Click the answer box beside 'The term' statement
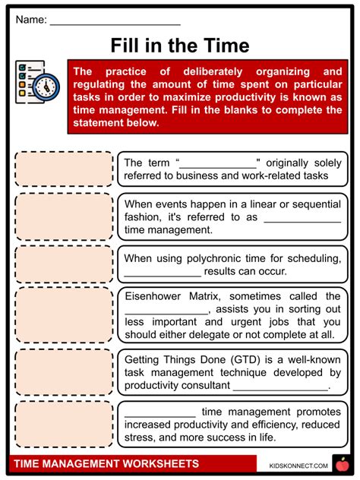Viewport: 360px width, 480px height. coord(63,169)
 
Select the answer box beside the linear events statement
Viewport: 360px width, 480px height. coord(63,216)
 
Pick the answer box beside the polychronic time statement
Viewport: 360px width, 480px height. coord(63,264)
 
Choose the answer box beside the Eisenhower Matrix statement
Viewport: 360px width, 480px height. coord(63,314)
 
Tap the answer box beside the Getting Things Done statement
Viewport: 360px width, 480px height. coord(63,371)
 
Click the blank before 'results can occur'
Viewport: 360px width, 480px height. coord(163,272)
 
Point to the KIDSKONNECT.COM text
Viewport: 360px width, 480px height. coord(298,465)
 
